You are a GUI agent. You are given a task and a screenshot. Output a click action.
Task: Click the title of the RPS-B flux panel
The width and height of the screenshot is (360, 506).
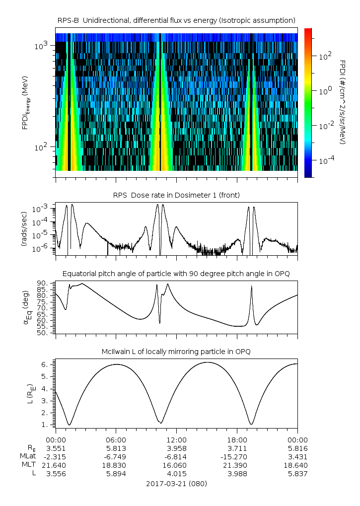(x=176, y=20)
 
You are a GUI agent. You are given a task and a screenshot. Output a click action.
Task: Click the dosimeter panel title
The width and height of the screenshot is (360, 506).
(x=176, y=196)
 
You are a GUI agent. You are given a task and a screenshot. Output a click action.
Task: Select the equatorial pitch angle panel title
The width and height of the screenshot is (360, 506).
(x=176, y=274)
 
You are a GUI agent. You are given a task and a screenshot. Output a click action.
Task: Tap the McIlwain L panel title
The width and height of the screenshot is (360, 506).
(x=176, y=352)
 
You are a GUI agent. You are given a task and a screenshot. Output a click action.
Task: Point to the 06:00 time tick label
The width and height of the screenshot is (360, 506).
(x=116, y=439)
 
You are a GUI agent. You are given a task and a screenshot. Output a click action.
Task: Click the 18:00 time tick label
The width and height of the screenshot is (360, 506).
(x=237, y=439)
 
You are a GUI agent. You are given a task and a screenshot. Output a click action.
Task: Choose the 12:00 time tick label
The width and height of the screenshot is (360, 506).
(x=176, y=439)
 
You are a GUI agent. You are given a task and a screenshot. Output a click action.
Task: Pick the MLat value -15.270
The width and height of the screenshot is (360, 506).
(x=237, y=456)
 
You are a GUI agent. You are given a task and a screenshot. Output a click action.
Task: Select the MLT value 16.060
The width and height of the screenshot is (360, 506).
(x=176, y=465)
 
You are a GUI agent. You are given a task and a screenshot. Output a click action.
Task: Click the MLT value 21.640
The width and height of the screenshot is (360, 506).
(x=56, y=465)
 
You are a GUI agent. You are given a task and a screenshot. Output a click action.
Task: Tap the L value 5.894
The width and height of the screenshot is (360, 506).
(x=116, y=473)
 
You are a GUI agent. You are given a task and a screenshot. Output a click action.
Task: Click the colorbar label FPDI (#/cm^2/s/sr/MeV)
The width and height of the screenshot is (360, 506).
(x=343, y=102)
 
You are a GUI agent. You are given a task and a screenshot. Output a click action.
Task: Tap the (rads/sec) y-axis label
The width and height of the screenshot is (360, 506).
(x=24, y=229)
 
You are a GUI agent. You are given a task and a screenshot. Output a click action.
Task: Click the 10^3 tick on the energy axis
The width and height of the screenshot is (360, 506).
(x=41, y=46)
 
